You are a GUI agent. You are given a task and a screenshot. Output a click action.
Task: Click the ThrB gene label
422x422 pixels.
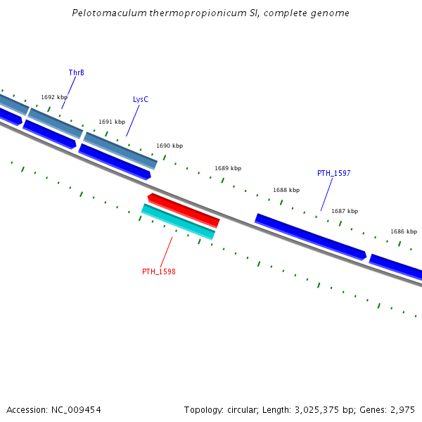click(x=76, y=72)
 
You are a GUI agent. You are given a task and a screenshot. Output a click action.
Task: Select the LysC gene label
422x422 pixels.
click(x=140, y=99)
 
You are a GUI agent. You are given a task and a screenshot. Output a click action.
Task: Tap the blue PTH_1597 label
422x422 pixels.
click(x=333, y=173)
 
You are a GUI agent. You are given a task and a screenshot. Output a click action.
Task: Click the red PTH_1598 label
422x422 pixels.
click(x=158, y=271)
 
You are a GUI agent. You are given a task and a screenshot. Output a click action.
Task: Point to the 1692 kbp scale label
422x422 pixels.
click(x=54, y=98)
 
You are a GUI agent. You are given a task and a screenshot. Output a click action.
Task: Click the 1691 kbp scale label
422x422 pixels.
click(x=112, y=122)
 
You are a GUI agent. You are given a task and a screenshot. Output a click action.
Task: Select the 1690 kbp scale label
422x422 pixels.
click(x=170, y=146)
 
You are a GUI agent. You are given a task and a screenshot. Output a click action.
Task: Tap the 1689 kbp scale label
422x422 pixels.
click(x=228, y=168)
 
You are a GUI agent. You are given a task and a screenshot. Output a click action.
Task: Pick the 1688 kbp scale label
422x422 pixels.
click(x=286, y=190)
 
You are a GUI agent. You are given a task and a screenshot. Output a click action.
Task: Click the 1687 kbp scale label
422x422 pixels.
click(x=345, y=211)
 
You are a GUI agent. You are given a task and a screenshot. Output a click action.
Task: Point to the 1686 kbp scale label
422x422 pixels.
click(x=404, y=231)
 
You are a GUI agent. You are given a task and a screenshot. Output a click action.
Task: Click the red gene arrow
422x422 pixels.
click(x=184, y=210)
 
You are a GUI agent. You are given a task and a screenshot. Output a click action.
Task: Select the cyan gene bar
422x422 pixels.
click(x=178, y=222)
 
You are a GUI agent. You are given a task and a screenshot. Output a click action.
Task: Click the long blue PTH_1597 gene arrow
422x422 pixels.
click(x=310, y=236)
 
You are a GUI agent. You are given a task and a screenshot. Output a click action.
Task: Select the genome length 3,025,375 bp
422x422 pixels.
click(x=324, y=409)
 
